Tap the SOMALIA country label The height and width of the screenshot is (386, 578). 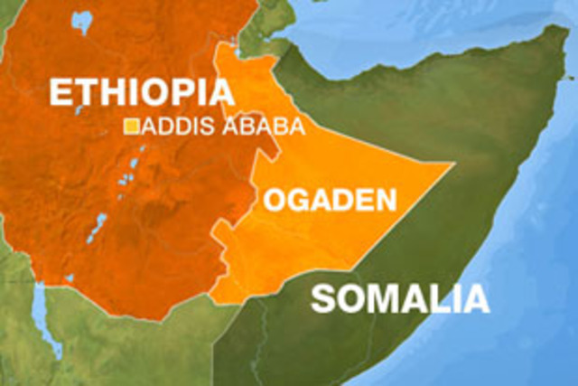click(x=400, y=298)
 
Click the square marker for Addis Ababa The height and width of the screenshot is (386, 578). click(x=132, y=127)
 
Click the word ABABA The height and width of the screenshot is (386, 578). click(x=262, y=127)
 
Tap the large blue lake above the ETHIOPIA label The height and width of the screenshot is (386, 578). click(x=83, y=21)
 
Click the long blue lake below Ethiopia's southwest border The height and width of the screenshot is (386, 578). click(x=40, y=307)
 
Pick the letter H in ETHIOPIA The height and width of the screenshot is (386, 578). click(x=113, y=93)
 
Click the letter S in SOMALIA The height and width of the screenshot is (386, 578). click(x=324, y=298)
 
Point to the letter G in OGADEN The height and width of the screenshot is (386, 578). click(x=297, y=202)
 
